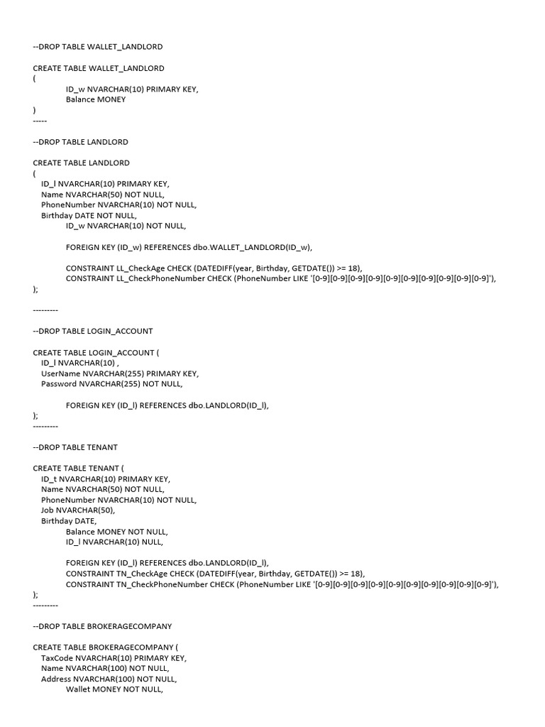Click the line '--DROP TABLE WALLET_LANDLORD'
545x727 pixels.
click(98, 47)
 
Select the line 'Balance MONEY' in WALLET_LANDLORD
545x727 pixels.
click(96, 99)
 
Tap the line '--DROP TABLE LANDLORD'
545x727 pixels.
click(81, 142)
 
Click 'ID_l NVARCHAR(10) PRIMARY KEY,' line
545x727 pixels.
click(105, 184)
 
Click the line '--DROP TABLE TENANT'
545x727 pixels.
click(75, 447)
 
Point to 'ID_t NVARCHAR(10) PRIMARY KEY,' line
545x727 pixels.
click(106, 479)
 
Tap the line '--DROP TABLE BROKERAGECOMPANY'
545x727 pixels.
click(102, 626)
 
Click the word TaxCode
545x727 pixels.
click(57, 657)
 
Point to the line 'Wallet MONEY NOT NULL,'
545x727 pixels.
click(114, 689)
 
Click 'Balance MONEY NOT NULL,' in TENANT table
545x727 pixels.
click(117, 531)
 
